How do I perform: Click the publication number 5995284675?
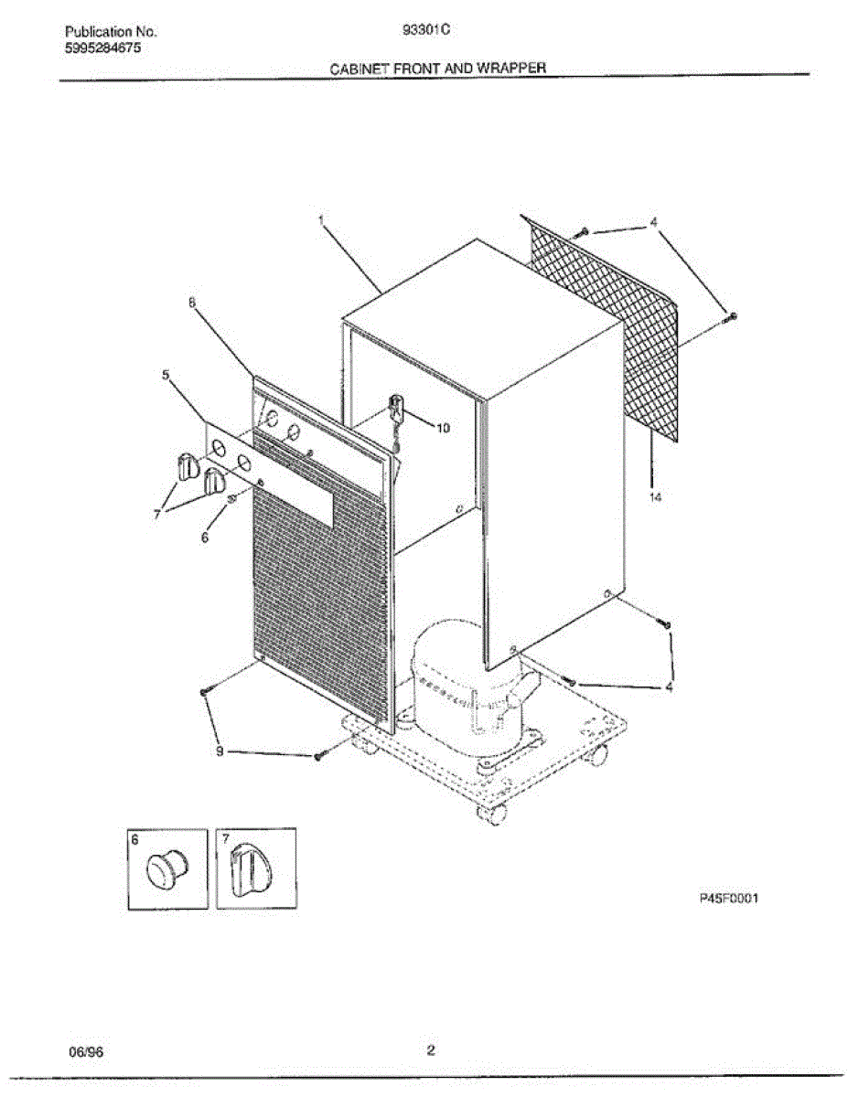103,47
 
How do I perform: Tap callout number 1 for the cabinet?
322,219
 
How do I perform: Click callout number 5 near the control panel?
166,374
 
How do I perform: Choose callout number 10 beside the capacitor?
443,427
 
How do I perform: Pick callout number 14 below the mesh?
655,497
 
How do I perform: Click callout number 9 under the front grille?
220,751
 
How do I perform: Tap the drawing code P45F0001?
730,899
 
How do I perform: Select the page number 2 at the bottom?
430,1050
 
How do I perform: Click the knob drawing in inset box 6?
166,868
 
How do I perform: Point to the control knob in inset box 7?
248,870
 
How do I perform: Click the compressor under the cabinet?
457,676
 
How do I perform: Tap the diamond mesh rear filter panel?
608,329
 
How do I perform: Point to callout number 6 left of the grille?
205,538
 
